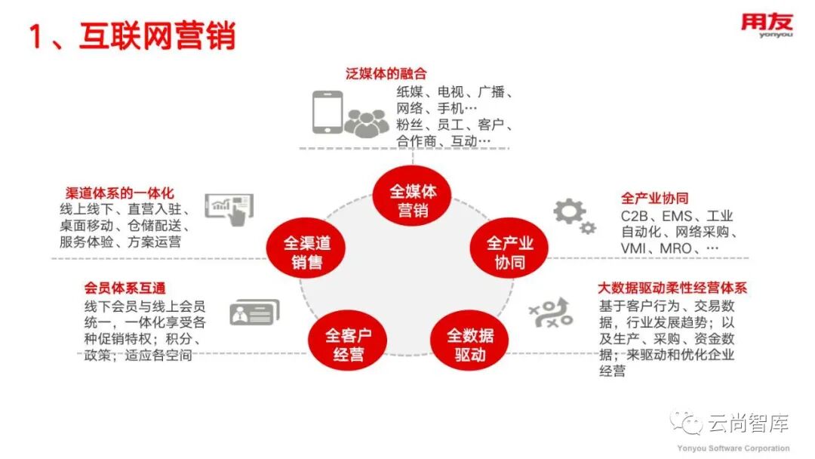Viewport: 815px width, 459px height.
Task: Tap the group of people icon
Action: tap(367, 122)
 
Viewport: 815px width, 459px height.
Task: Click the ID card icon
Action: tap(254, 312)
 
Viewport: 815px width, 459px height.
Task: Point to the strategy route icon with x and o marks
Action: tap(550, 313)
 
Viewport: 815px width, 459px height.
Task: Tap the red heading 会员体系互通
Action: tap(125, 288)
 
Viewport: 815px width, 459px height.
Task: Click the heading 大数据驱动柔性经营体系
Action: tap(672, 288)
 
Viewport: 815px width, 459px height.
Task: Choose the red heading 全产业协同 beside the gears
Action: tap(654, 199)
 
